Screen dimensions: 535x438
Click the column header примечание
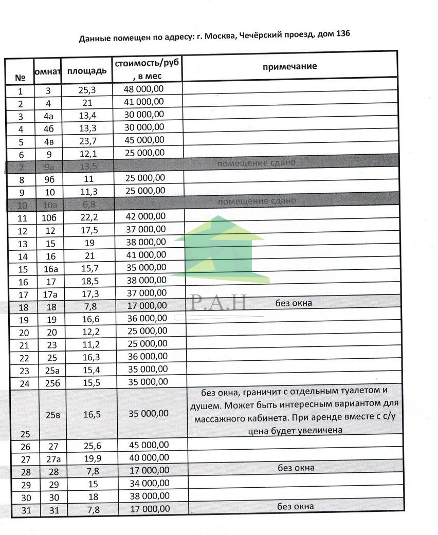click(289, 67)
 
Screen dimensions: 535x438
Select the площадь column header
click(87, 70)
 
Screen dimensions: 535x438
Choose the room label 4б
click(49, 127)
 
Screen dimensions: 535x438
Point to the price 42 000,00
click(145, 216)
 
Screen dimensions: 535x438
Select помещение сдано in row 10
click(257, 201)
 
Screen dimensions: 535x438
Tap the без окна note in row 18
click(294, 303)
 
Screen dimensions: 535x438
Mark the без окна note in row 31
click(296, 507)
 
